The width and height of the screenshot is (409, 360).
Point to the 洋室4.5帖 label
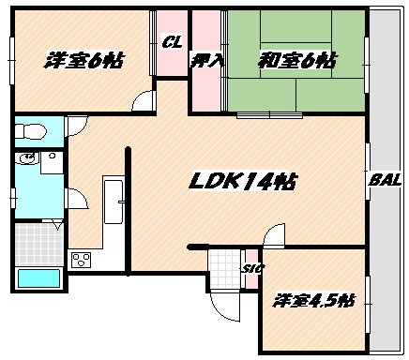click(x=313, y=301)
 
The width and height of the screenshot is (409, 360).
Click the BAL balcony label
click(x=381, y=180)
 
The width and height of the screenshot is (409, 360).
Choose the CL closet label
click(x=171, y=41)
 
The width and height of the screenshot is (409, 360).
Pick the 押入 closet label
click(x=206, y=62)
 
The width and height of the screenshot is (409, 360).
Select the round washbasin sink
click(x=27, y=161)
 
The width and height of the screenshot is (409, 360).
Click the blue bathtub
click(x=38, y=277)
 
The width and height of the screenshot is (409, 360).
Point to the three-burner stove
click(x=81, y=258)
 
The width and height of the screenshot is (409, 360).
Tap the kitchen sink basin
click(x=116, y=200)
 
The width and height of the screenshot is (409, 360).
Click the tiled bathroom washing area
click(x=38, y=239)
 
